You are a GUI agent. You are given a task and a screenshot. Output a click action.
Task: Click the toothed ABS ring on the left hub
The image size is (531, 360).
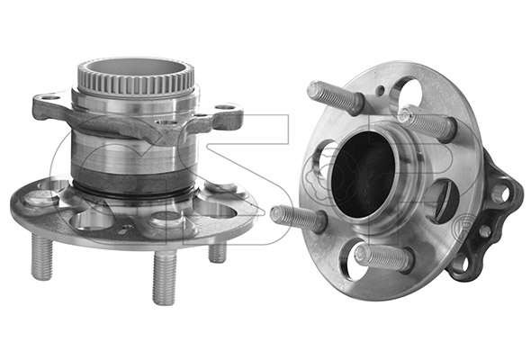click(137, 86)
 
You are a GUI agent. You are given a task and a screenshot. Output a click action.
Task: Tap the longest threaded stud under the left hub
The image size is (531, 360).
click(165, 278)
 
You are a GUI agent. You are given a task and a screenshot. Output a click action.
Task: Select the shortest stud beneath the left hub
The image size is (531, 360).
click(218, 252)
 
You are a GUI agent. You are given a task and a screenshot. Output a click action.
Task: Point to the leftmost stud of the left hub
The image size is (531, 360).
click(42, 256)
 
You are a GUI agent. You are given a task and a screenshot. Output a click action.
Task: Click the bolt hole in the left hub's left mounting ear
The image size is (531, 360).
click(51, 98)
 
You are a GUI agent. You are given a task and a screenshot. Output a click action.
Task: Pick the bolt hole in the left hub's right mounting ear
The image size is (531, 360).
click(225, 107)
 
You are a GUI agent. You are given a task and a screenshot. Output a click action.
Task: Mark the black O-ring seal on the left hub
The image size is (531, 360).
click(135, 193)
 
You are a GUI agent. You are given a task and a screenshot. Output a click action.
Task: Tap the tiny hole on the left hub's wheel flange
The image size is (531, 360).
click(128, 227)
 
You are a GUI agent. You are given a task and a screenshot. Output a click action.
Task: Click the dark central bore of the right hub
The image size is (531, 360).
click(363, 174)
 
